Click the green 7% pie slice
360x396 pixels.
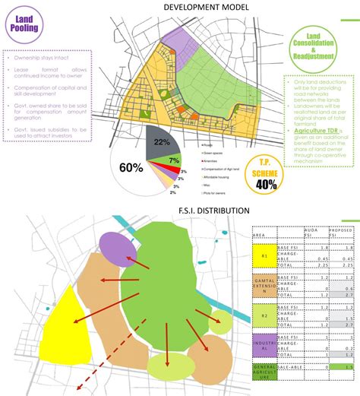[173, 160]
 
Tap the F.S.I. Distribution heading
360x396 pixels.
[179, 210]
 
